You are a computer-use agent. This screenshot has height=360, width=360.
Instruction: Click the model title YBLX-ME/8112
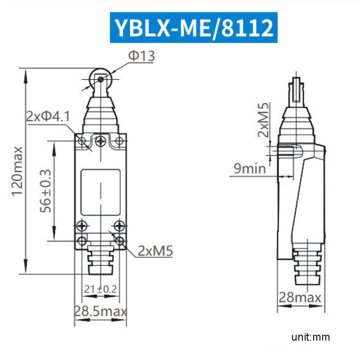193,27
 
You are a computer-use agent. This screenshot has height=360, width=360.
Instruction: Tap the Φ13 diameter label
141,56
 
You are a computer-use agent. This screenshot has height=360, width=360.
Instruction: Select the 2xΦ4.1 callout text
48,116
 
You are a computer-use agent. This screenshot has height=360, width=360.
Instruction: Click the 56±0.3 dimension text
46,191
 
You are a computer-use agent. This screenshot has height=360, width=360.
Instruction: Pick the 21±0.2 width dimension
101,289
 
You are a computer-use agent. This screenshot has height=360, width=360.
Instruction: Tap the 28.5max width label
100,311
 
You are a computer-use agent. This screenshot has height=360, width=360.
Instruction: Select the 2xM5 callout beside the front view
156,250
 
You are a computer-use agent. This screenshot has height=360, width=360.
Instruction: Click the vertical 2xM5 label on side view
263,120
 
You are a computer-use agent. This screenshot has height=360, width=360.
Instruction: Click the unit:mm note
311,337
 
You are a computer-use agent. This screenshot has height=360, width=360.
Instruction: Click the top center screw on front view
100,141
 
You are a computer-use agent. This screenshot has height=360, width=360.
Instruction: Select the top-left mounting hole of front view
82,141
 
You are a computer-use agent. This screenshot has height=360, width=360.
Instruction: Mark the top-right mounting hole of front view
119,141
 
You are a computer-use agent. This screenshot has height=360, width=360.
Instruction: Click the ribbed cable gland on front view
100,260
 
